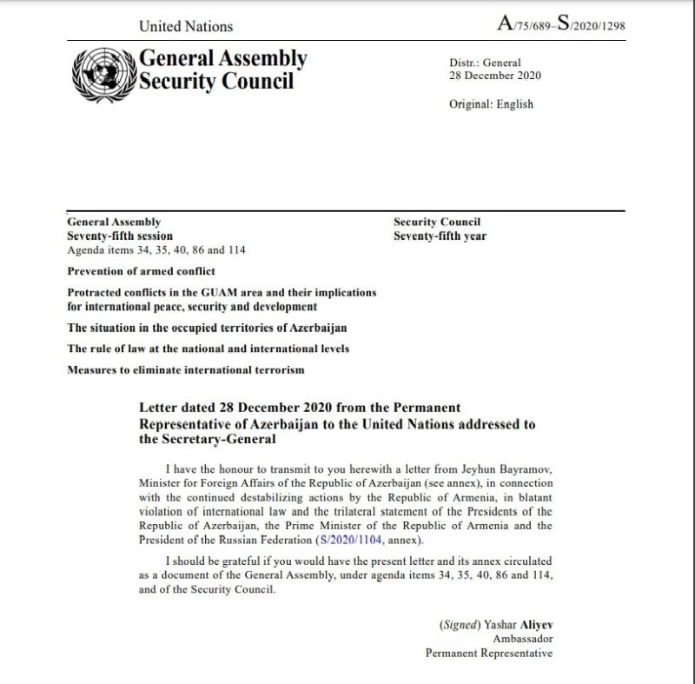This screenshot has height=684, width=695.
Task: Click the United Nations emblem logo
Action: [x=103, y=70]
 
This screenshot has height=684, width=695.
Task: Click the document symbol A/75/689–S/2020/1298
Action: [x=560, y=24]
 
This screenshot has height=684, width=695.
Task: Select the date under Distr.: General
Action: [x=494, y=75]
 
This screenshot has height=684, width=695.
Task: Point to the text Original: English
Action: [x=491, y=104]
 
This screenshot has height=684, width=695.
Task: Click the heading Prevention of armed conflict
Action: [x=141, y=271]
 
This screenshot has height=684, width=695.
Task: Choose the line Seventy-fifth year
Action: [x=440, y=236]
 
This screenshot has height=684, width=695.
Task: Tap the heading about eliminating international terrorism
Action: [x=186, y=371]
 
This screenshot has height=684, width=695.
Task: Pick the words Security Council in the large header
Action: [x=217, y=82]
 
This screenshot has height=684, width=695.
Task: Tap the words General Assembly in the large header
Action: [x=223, y=58]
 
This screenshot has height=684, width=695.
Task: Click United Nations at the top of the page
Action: [x=186, y=27]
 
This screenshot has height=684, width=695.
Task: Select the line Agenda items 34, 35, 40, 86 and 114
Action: [x=156, y=249]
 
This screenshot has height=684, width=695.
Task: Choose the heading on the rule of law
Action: [x=196, y=349]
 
